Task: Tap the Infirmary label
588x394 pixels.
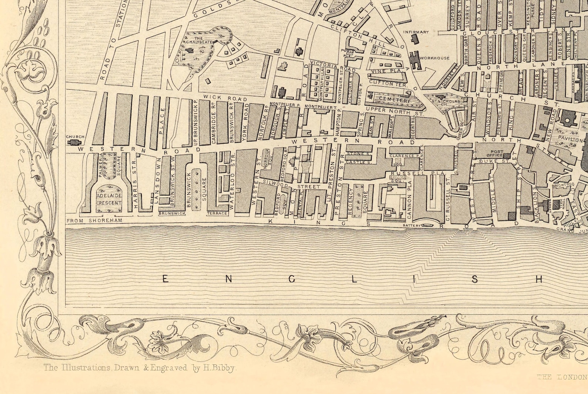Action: pos(416,32)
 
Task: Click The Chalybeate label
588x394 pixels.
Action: pos(199,40)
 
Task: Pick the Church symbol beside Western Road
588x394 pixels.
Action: pos(75,142)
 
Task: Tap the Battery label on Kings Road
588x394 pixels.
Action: pos(411,226)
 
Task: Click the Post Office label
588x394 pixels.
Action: pos(497,153)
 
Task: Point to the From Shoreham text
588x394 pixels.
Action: pos(89,221)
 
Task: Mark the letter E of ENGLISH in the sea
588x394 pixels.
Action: pos(166,280)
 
